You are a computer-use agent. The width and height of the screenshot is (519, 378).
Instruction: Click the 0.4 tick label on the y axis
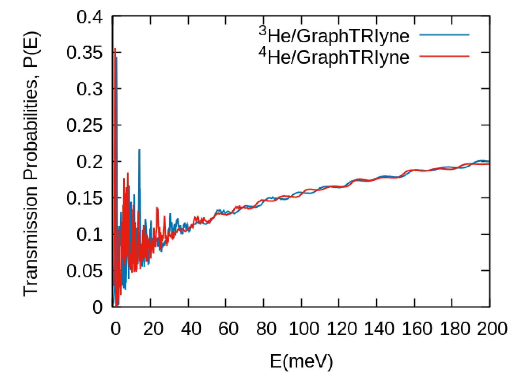click(89, 17)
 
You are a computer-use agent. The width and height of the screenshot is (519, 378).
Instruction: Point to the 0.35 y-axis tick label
click(84, 53)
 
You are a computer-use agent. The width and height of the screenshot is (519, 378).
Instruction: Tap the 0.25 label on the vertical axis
click(84, 125)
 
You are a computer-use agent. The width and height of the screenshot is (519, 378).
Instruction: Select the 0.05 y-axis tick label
click(84, 271)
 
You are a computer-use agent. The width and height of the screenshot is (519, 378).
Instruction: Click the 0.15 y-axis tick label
click(84, 198)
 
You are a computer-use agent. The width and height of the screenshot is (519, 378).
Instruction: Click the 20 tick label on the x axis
click(153, 329)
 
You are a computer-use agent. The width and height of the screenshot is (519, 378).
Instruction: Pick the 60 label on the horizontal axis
click(228, 329)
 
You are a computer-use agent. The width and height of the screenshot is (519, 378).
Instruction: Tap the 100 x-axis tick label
click(304, 329)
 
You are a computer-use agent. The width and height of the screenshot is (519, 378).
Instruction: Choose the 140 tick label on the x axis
click(379, 329)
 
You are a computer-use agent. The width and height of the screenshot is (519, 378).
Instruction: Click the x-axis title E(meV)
click(301, 362)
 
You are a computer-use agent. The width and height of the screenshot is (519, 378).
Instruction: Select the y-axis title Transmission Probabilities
click(31, 164)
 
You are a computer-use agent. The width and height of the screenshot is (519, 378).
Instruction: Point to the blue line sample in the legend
click(444, 35)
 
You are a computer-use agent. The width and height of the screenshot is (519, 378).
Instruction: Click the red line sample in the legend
click(444, 56)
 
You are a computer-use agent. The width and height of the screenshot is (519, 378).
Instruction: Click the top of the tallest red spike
click(115, 48)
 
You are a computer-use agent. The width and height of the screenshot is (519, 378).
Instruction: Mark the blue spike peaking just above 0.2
click(139, 150)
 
